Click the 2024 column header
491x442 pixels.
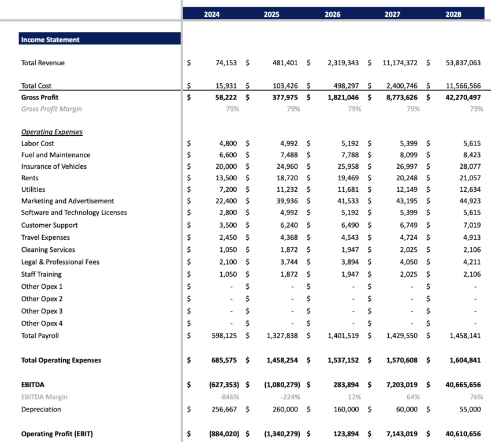point(212,14)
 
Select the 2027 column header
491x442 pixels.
point(393,14)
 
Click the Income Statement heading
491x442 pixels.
point(50,40)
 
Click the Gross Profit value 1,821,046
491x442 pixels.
point(344,98)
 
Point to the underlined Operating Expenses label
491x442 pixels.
point(52,132)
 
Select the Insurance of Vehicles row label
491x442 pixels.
point(54,166)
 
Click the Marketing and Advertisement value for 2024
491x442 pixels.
point(225,201)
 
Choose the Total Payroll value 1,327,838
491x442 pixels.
point(281,336)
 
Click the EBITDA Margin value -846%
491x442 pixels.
point(228,397)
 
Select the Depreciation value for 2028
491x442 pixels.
point(467,409)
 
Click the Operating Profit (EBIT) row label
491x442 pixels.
point(57,434)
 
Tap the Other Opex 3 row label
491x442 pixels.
point(42,311)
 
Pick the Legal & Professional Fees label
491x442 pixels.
point(60,262)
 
